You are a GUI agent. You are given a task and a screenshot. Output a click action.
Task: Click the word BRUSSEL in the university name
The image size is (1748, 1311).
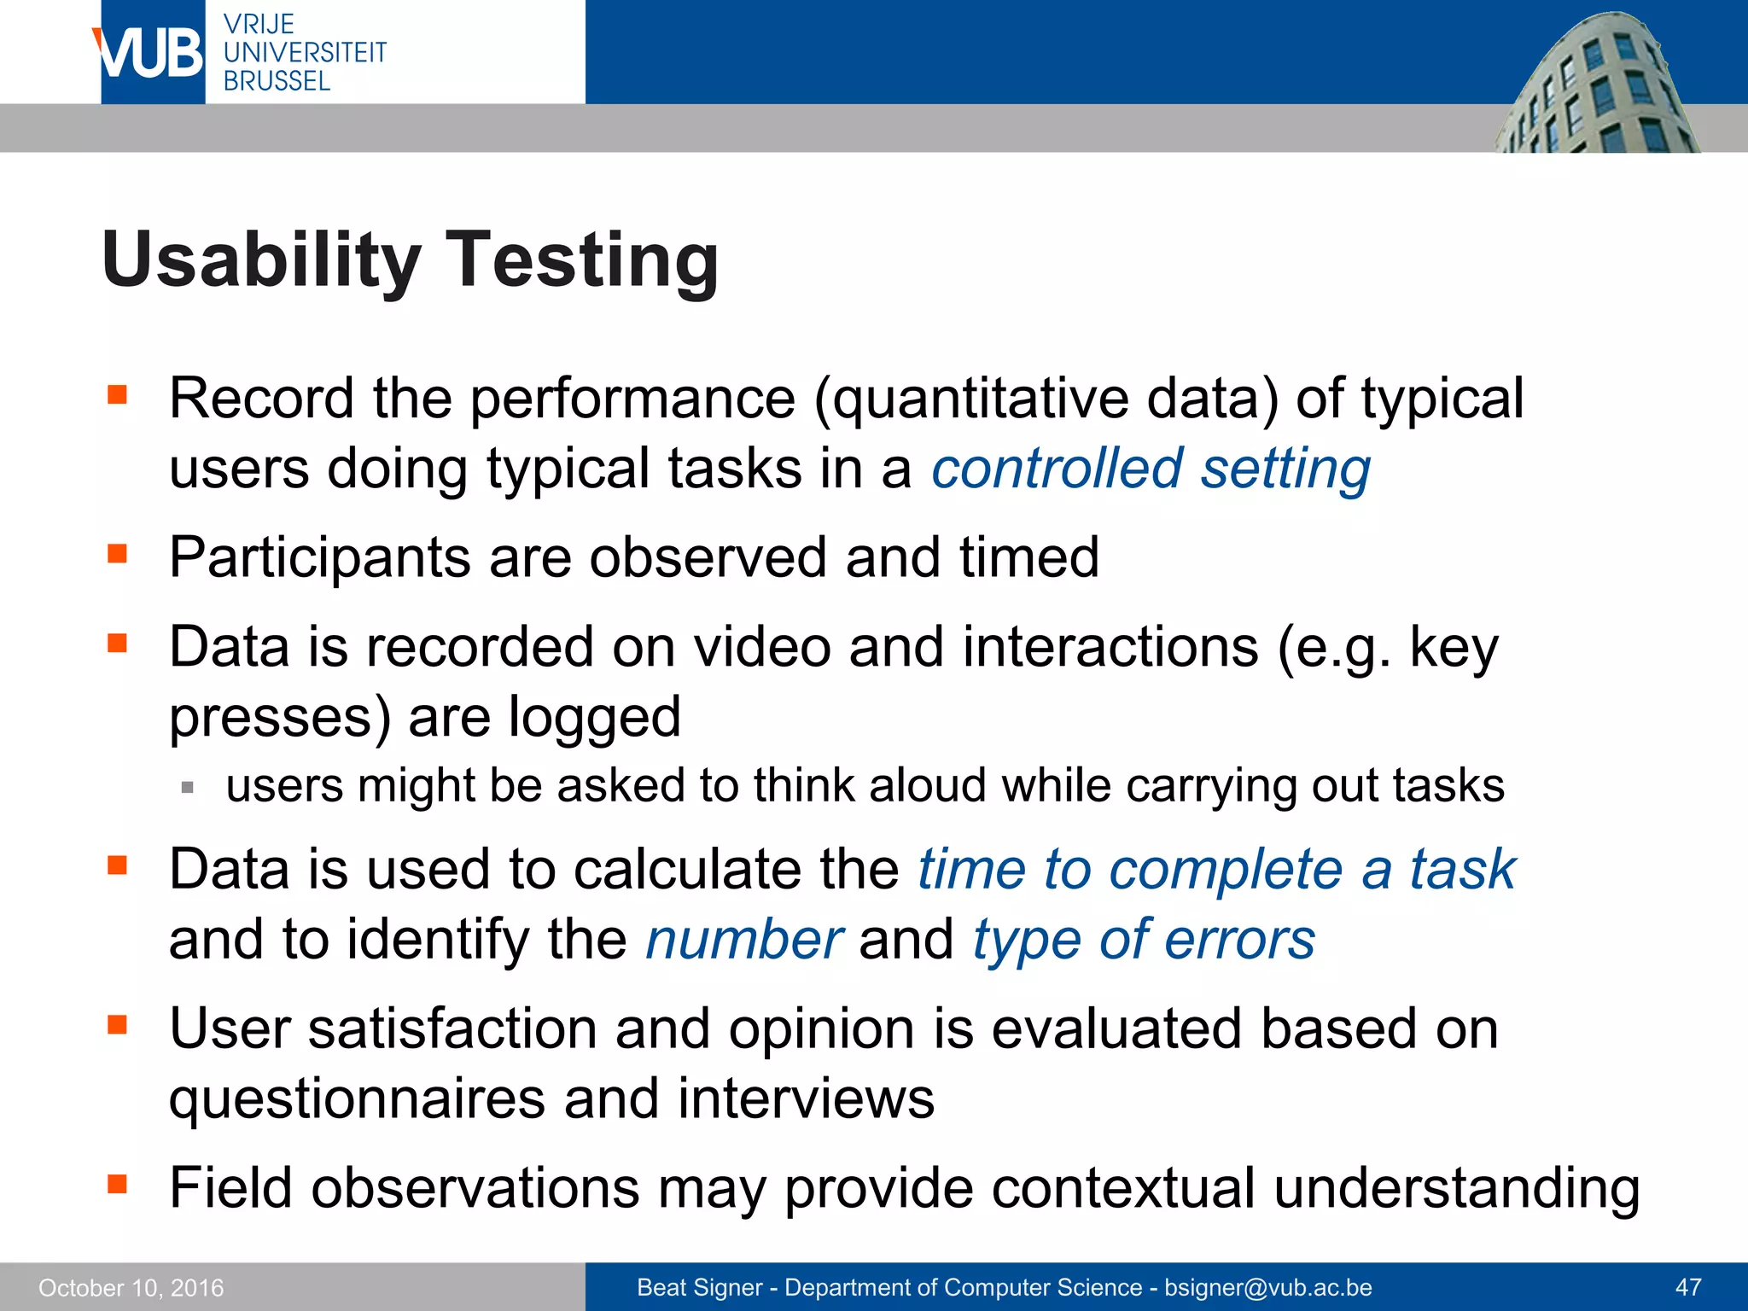tap(277, 81)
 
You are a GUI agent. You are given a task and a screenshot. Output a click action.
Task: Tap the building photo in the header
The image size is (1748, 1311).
tap(1596, 85)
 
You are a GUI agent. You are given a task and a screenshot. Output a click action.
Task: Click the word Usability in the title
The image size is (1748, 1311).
tap(261, 259)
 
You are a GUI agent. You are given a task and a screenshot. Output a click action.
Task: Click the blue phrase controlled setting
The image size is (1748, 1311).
tap(1151, 469)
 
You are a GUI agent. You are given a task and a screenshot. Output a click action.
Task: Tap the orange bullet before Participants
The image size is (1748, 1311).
tap(117, 555)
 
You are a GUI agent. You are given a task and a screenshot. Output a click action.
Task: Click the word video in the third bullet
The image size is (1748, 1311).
tap(762, 647)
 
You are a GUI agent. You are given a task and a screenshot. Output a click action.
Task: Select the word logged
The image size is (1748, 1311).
tap(595, 717)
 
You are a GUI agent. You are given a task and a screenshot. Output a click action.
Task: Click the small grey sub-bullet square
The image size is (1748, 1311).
tap(188, 787)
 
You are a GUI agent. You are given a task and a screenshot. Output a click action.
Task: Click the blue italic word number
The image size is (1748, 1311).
tap(744, 940)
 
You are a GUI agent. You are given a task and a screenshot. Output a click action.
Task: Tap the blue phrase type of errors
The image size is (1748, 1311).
tap(1144, 940)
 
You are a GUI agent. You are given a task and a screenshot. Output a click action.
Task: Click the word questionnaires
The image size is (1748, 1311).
tap(357, 1098)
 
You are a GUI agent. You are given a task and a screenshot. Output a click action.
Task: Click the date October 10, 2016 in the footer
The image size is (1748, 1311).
tap(131, 1287)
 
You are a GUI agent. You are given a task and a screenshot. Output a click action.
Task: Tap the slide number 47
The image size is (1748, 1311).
tap(1688, 1287)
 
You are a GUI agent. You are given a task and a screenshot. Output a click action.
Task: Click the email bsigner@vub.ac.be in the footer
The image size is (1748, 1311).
tap(1268, 1287)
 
